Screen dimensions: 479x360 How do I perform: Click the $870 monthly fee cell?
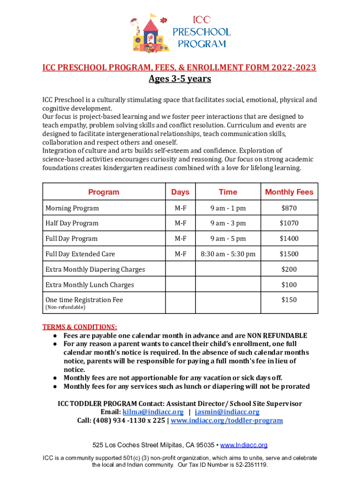(289, 208)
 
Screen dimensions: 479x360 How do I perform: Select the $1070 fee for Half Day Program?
(289, 224)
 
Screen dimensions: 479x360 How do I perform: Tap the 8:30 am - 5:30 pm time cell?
(228, 254)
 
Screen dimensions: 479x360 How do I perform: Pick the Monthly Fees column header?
(289, 192)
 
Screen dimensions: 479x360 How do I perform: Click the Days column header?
(180, 192)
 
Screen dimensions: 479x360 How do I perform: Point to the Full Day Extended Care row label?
(80, 254)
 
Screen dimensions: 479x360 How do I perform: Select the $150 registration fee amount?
(289, 300)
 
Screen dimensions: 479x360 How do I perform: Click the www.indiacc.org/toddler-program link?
(227, 421)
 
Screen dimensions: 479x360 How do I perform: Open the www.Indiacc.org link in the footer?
(244, 445)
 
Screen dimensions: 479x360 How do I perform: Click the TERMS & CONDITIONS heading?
(79, 327)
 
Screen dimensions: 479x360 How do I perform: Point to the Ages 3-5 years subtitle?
(180, 79)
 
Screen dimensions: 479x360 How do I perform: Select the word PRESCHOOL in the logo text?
(202, 32)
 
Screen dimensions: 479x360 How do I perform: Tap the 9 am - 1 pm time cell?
(228, 208)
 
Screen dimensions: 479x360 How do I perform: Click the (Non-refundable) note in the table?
(65, 308)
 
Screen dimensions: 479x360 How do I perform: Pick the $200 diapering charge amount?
(289, 269)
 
